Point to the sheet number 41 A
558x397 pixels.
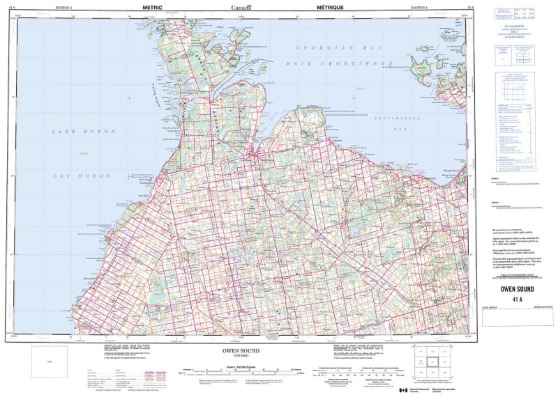[516, 299]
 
